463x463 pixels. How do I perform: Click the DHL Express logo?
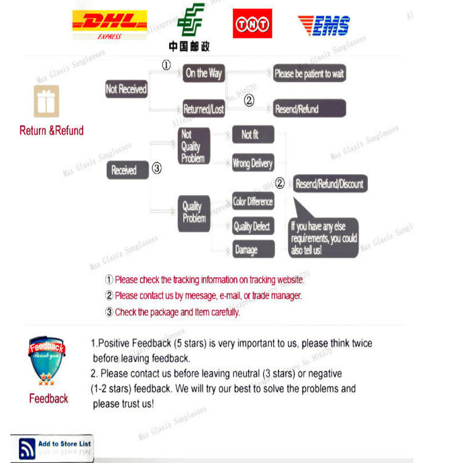click(110, 25)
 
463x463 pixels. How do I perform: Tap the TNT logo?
click(252, 23)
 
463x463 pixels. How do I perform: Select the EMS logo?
click(323, 25)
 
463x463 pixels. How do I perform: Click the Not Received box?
click(126, 89)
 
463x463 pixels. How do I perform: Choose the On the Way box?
click(204, 73)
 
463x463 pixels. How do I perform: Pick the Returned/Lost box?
click(204, 109)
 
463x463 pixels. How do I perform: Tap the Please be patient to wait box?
click(309, 73)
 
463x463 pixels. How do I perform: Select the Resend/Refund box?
click(309, 109)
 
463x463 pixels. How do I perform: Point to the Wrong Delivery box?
click(252, 164)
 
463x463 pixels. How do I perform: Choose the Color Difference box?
click(252, 202)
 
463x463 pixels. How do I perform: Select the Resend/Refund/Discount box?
click(330, 184)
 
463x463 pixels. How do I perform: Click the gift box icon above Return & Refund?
click(47, 101)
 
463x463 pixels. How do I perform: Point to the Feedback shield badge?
click(46, 361)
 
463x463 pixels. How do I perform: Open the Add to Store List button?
click(53, 448)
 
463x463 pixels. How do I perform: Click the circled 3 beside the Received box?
click(157, 167)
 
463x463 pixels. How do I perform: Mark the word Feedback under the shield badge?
click(48, 399)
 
